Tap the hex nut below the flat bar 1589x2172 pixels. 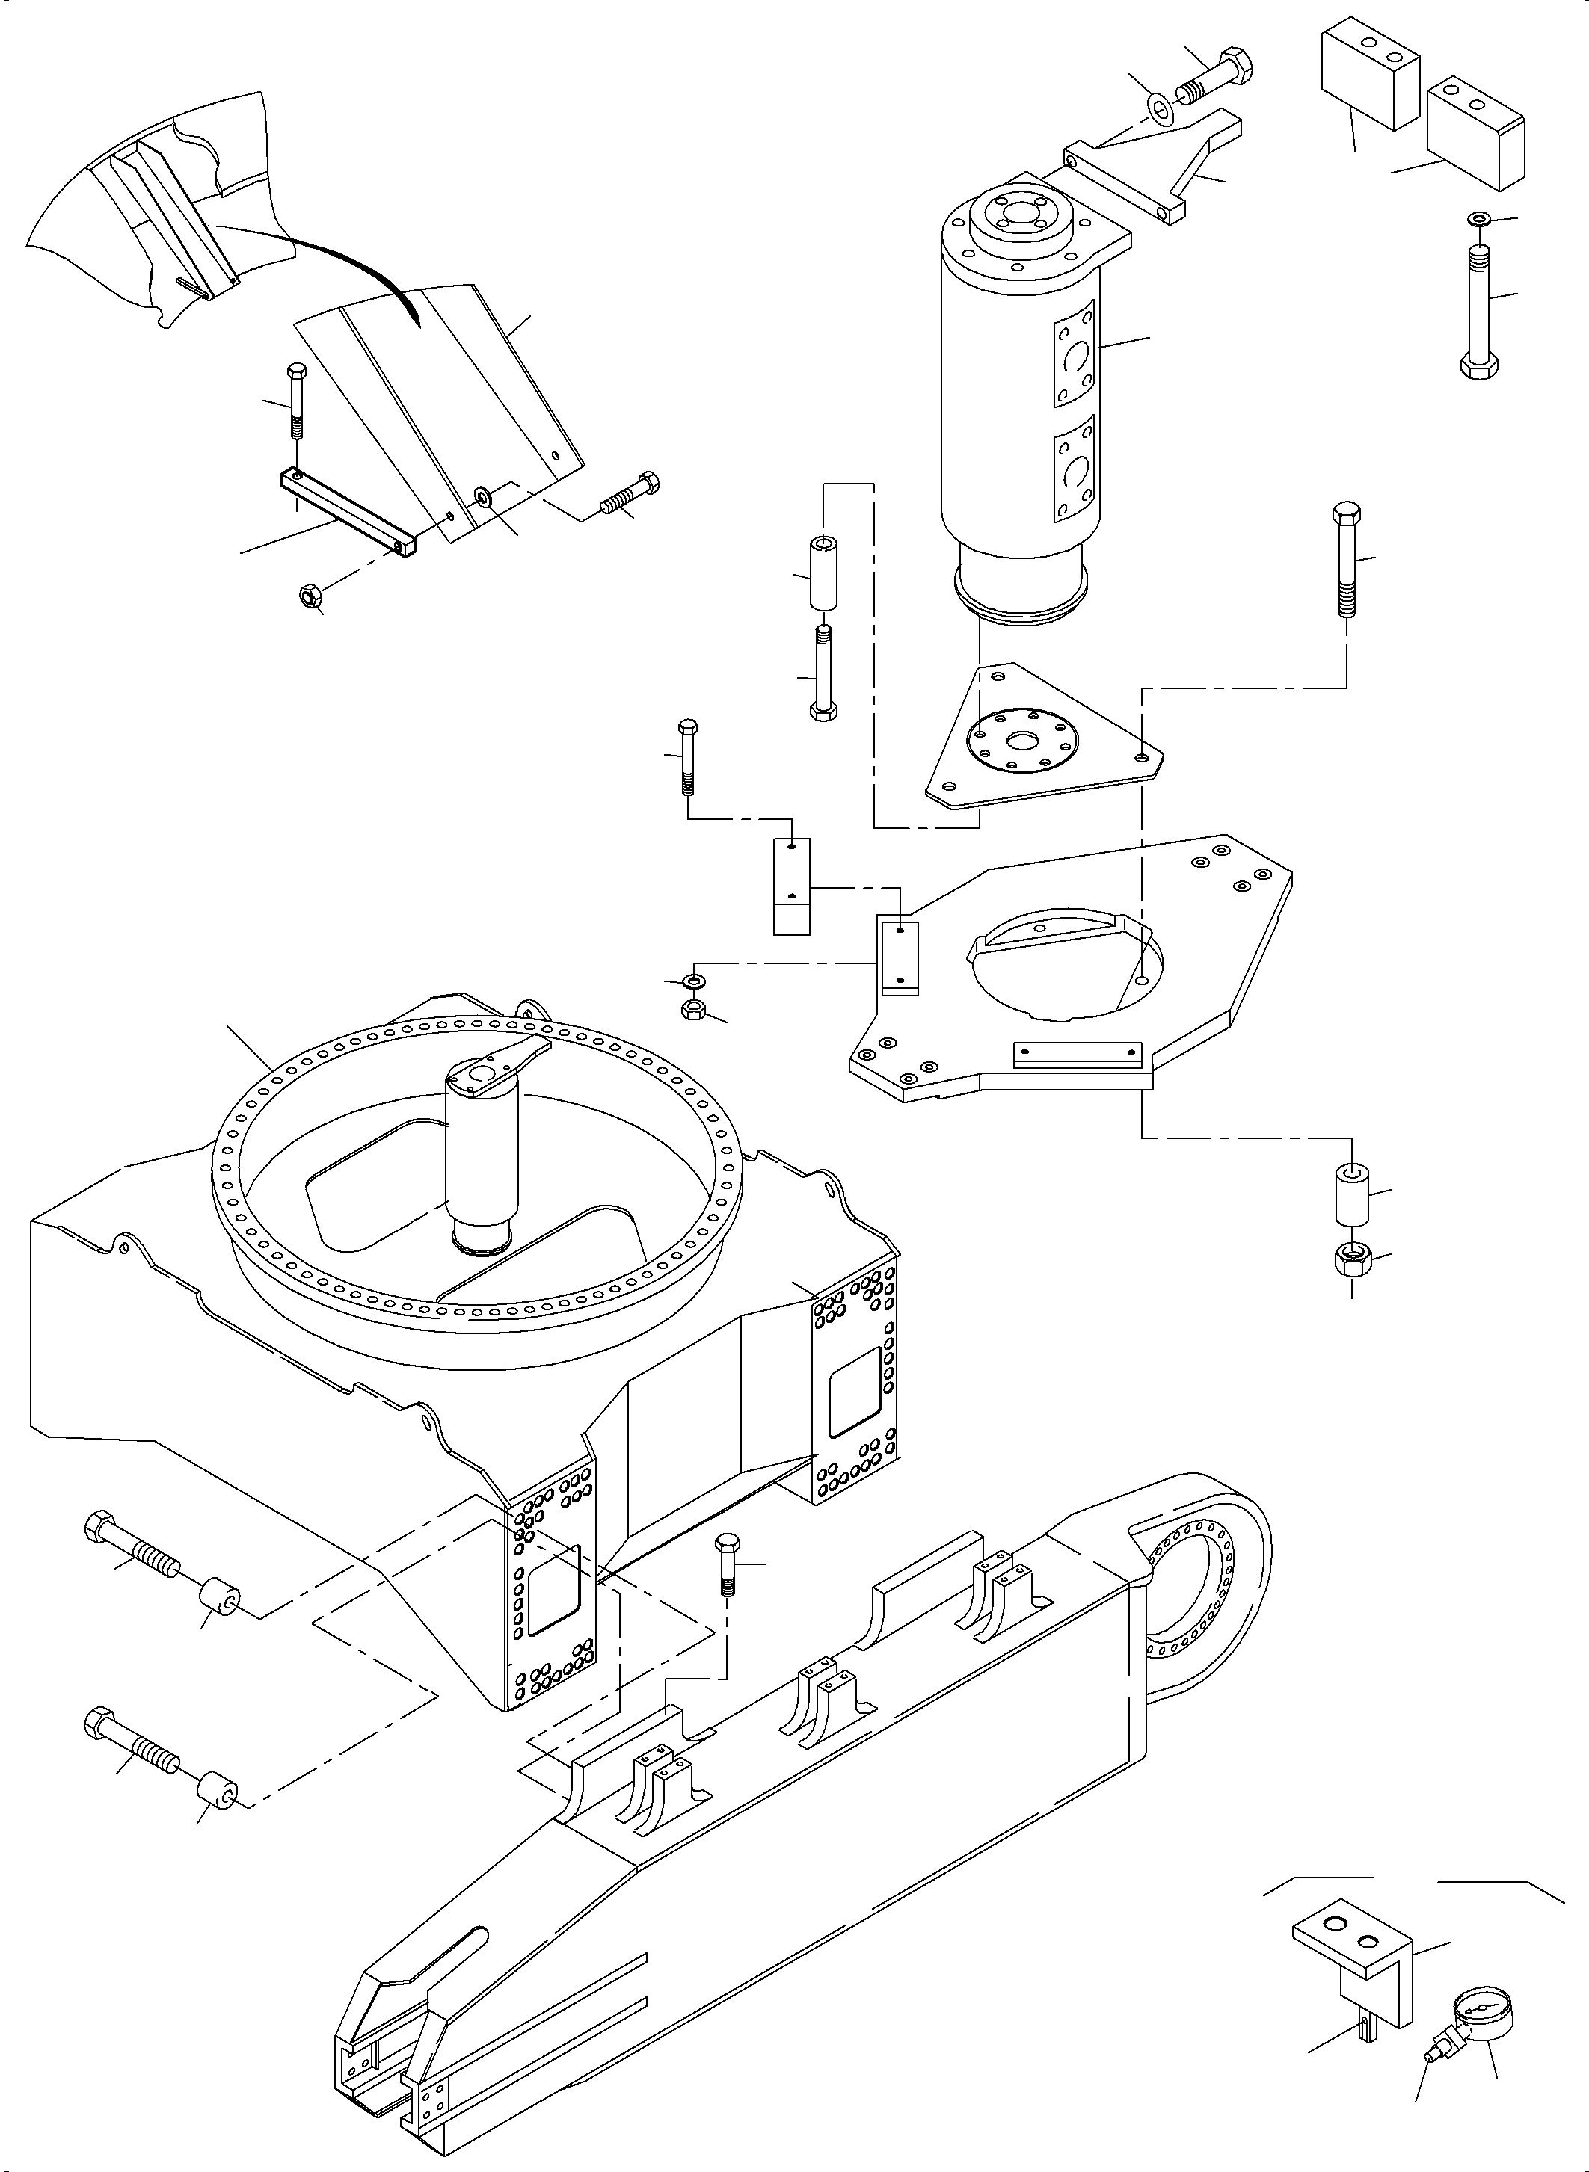309,597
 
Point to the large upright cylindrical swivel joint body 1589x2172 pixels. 1019,385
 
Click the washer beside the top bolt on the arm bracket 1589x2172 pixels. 1163,107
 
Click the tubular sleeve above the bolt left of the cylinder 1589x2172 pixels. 823,574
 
